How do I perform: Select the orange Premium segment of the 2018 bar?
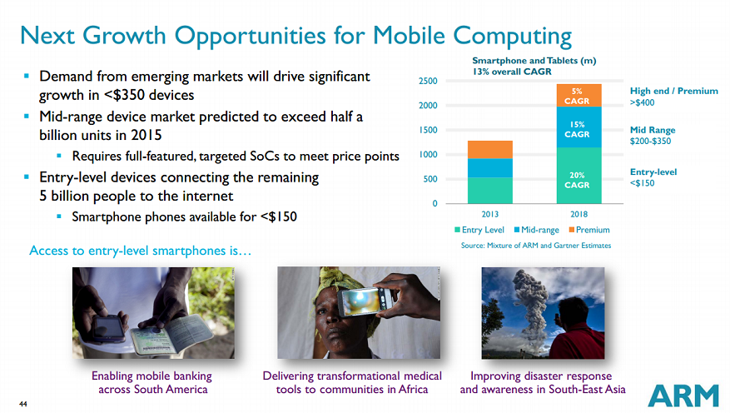coord(578,95)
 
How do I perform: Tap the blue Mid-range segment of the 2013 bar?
coord(489,167)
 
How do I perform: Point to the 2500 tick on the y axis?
coord(428,81)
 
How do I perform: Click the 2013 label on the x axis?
coord(489,214)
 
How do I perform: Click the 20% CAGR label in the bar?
coord(578,180)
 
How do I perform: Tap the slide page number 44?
coord(23,405)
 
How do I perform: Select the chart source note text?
coord(536,246)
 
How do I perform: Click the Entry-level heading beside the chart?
coord(653,172)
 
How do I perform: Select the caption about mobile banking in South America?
coord(152,382)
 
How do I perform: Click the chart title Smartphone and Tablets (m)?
coord(534,61)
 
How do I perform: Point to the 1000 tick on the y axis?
coord(428,155)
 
